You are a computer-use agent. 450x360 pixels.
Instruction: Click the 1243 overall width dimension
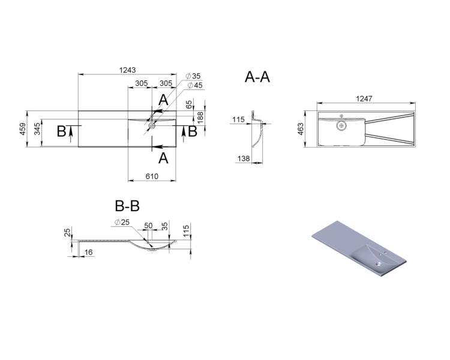(127, 70)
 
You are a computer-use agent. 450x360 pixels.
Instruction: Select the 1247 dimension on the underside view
(364, 99)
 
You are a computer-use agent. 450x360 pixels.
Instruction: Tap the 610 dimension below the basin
(152, 176)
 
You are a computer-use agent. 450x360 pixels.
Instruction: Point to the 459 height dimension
(23, 128)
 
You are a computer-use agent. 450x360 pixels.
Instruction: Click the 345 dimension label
(38, 129)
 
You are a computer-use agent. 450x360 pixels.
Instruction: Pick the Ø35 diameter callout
(193, 76)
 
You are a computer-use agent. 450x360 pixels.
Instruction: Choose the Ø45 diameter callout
(195, 85)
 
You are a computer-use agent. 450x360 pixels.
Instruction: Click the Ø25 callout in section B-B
(122, 222)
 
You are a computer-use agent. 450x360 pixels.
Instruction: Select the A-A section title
(257, 77)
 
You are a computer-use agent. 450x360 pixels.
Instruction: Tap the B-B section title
(127, 206)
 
